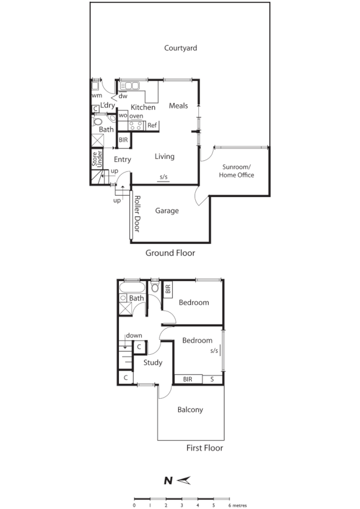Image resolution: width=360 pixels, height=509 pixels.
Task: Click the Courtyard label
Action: [181, 48]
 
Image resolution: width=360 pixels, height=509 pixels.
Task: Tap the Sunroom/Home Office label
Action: [236, 171]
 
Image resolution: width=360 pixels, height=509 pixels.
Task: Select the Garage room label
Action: [167, 211]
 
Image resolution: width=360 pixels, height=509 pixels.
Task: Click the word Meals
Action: [178, 106]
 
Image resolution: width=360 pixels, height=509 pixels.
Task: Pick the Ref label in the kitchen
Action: [153, 126]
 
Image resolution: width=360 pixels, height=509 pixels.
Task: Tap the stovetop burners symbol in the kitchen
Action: [136, 126]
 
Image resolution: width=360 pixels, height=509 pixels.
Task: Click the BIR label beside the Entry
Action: [123, 140]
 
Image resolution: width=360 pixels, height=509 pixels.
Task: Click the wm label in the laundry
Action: [96, 96]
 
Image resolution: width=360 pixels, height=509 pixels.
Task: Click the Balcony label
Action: [190, 410]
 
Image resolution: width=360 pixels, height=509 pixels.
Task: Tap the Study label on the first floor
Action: [153, 363]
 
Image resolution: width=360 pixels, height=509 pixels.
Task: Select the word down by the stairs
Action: [134, 335]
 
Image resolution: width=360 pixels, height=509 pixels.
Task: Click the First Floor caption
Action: [204, 448]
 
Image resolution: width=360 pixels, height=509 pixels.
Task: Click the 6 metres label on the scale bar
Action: [237, 505]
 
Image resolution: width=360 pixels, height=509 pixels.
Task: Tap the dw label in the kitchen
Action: [123, 96]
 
